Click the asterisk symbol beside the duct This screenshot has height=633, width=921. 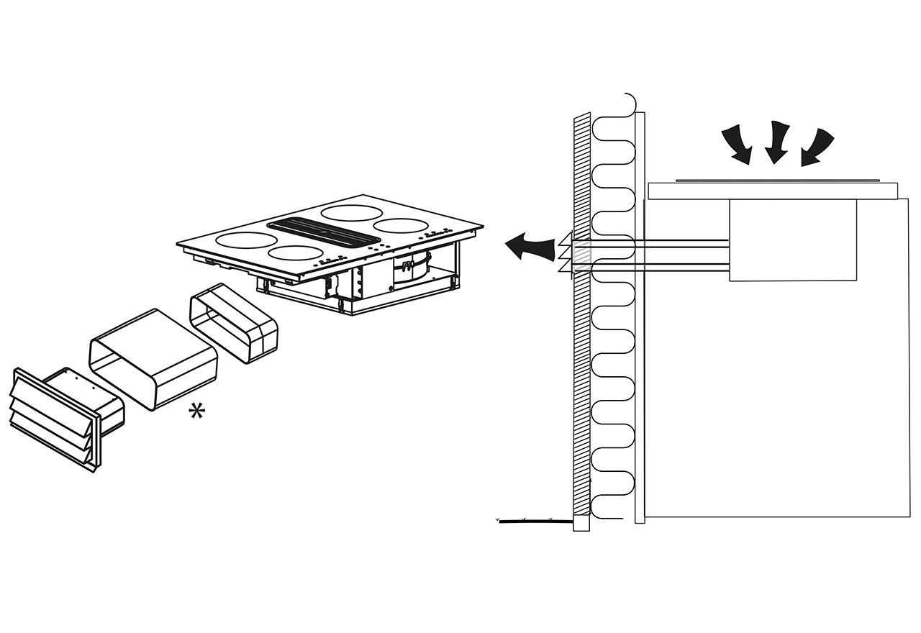pos(196,411)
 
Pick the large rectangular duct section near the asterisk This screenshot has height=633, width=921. pos(153,359)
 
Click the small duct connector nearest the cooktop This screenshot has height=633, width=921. pos(233,323)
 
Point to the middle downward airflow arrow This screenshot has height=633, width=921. pos(776,142)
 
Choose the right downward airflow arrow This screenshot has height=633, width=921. pos(816,147)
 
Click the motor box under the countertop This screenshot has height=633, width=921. pos(793,240)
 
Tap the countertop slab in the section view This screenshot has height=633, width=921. pos(773,191)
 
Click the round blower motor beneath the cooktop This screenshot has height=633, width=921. pos(410,271)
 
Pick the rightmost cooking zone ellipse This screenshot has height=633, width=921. pos(402,225)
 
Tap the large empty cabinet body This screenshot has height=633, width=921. pos(777,396)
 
